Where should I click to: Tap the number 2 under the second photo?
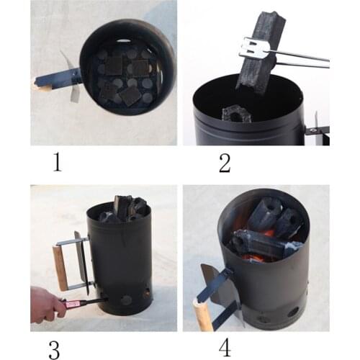click(225, 163)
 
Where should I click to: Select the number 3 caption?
click(54, 348)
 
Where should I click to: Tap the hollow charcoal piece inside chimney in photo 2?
click(236, 113)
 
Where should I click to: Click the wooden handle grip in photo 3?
click(60, 267)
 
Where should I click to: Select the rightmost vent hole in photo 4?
click(293, 312)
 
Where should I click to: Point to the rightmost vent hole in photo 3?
click(146, 293)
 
